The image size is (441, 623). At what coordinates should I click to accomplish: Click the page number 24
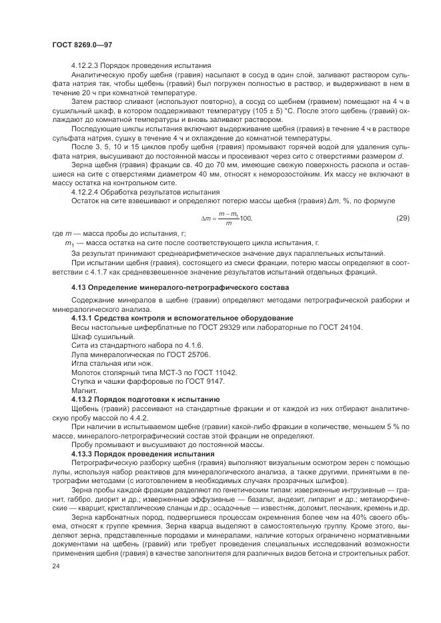(x=56, y=565)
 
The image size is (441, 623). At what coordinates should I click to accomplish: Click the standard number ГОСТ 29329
(x=207, y=327)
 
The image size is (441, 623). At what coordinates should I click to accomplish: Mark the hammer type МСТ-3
(x=167, y=372)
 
